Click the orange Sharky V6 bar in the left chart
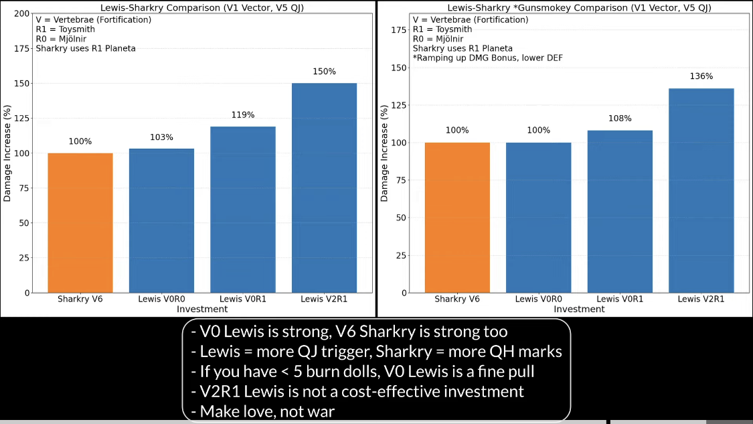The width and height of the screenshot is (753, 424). (80, 222)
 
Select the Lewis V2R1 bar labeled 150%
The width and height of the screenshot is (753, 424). (324, 188)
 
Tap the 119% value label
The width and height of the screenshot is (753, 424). (242, 115)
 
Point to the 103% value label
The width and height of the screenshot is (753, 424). (161, 137)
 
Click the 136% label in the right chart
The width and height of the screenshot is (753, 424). (701, 76)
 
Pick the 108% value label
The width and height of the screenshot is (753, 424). (620, 119)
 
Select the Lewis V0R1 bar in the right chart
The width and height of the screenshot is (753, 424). (620, 211)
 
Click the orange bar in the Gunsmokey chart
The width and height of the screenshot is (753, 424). (457, 217)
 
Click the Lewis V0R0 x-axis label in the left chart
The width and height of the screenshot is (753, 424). (161, 299)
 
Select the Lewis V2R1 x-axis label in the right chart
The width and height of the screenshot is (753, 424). (701, 299)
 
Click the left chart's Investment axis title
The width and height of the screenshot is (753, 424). (202, 309)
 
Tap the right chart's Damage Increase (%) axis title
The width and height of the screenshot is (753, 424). (385, 152)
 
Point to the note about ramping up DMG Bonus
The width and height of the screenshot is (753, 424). (487, 58)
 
